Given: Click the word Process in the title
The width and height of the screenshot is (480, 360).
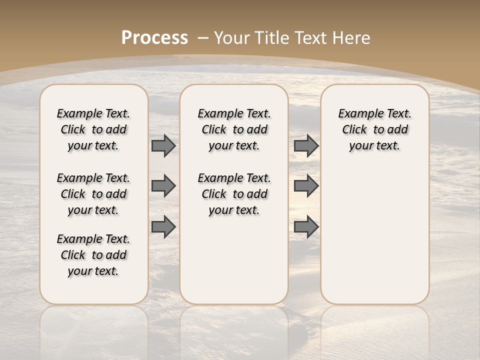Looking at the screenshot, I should click(154, 37).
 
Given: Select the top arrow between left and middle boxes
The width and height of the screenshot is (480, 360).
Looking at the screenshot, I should click(163, 145).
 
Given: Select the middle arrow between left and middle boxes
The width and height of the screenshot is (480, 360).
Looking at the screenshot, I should click(163, 186).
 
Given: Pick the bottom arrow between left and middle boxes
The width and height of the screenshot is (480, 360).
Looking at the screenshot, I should click(163, 227).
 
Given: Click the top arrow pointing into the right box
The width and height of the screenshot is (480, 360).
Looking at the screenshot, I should click(306, 145).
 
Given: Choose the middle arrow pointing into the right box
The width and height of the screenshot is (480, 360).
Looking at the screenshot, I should click(306, 186).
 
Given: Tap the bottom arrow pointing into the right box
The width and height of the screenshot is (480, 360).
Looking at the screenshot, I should click(306, 227).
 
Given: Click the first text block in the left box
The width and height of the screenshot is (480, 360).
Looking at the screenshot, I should click(93, 129).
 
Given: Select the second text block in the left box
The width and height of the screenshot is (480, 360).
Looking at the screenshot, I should click(93, 194).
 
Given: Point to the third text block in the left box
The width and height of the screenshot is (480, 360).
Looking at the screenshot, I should click(93, 255).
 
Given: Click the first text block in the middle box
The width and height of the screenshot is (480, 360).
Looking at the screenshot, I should click(234, 129).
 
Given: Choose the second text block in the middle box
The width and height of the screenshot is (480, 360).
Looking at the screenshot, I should click(234, 194).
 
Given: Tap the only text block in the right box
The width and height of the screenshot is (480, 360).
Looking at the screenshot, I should click(374, 129).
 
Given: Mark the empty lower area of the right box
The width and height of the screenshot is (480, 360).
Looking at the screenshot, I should click(374, 235).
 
